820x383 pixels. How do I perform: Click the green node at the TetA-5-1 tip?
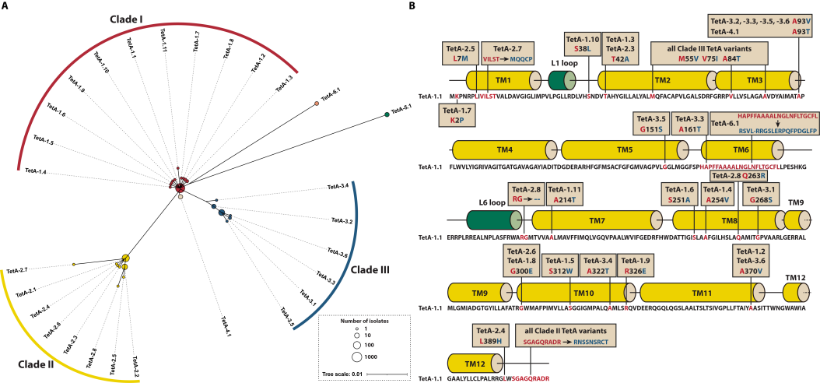387,115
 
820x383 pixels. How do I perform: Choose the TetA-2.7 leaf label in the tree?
16,271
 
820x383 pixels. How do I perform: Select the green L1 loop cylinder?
562,79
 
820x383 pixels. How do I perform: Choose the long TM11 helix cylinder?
701,293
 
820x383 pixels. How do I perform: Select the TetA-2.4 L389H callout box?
490,337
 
